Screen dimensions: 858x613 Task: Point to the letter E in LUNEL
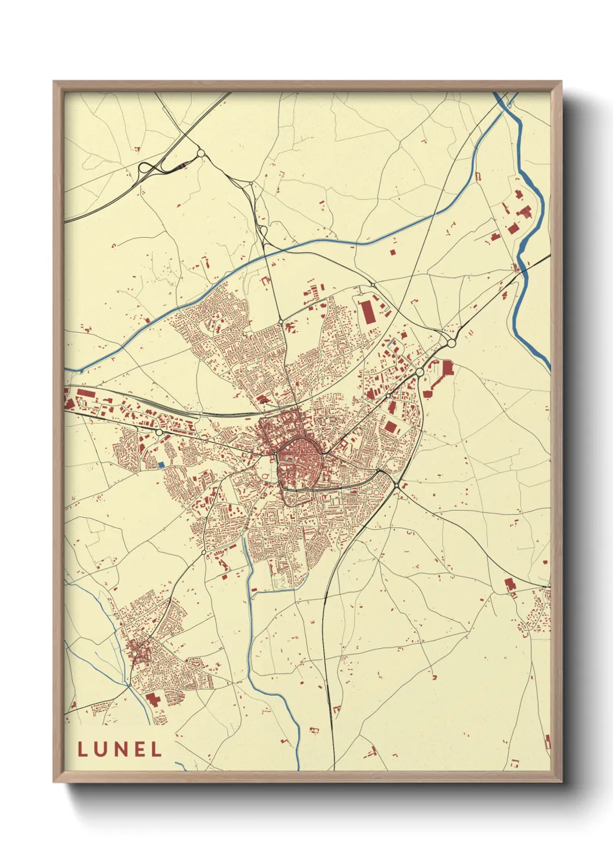(139, 749)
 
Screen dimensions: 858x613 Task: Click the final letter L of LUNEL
(156, 749)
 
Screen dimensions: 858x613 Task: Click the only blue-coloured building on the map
(161, 464)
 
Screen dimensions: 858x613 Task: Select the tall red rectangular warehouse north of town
(366, 312)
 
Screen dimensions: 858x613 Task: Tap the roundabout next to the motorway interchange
(201, 154)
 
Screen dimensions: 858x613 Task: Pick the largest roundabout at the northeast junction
(451, 343)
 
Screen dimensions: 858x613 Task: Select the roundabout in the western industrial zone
(159, 432)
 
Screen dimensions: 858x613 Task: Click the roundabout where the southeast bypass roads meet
(396, 484)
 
